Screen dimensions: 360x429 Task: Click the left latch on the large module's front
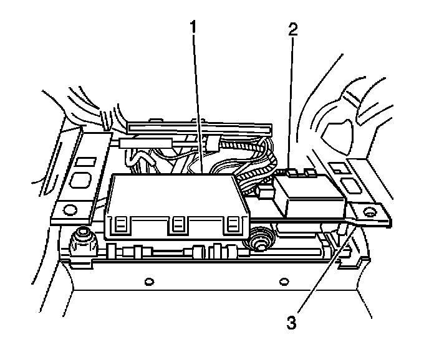[x=122, y=225]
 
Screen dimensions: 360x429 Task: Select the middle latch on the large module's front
[x=179, y=225]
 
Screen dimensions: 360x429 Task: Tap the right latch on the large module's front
[x=234, y=225]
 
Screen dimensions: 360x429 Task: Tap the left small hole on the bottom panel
[x=148, y=282]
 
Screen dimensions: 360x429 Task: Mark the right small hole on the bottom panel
[x=284, y=282]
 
